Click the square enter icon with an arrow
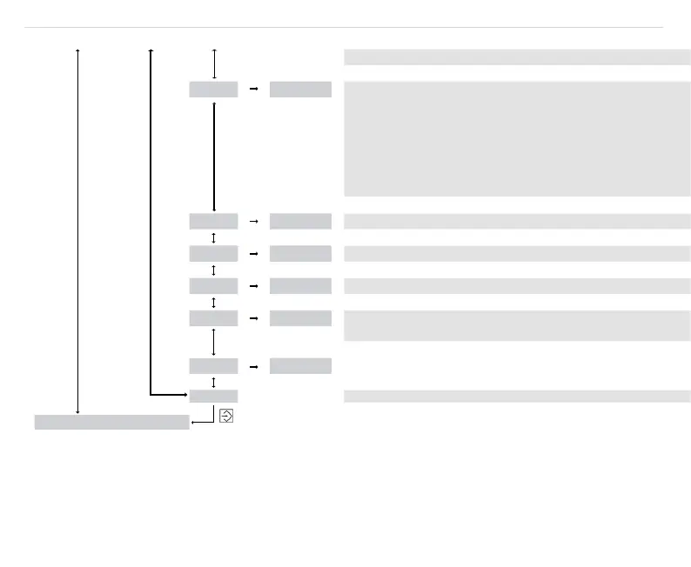click(x=226, y=417)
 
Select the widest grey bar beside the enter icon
click(x=111, y=423)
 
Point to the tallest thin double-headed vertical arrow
click(x=78, y=230)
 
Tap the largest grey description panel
click(x=517, y=138)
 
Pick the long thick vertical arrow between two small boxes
click(x=213, y=155)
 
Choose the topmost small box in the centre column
click(x=213, y=89)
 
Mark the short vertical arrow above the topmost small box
click(x=213, y=63)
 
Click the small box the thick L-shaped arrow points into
click(x=213, y=396)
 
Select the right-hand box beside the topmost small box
click(x=300, y=89)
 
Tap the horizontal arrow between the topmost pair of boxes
click(x=253, y=89)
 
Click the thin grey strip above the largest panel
click(x=517, y=57)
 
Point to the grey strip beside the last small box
click(x=517, y=397)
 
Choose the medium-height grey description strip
click(x=517, y=326)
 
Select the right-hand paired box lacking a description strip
click(x=300, y=365)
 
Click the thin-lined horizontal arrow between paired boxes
click(x=253, y=221)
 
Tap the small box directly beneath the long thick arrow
click(x=213, y=221)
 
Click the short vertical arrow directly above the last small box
click(x=213, y=381)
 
